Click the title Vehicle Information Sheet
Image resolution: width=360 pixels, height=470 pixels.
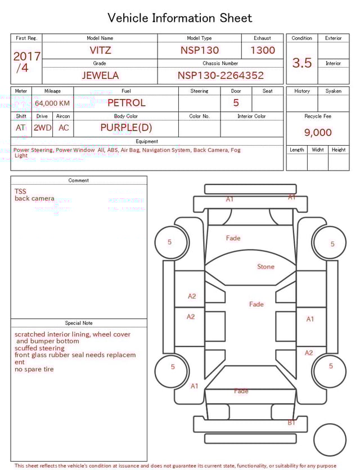click(180, 18)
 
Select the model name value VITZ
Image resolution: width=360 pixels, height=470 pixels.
click(100, 50)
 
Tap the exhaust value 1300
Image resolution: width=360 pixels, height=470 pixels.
click(263, 50)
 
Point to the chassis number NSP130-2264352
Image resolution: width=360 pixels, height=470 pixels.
click(220, 75)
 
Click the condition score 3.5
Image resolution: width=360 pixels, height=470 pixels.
click(302, 63)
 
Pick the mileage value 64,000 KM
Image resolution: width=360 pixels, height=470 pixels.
click(52, 103)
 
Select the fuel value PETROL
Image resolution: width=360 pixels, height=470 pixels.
click(126, 102)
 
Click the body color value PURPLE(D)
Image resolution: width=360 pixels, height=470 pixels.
click(126, 128)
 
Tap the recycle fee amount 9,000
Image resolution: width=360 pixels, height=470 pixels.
click(318, 133)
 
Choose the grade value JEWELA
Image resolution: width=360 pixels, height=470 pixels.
click(100, 75)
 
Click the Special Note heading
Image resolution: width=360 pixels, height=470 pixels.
click(79, 323)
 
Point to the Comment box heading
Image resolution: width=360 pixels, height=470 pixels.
click(79, 180)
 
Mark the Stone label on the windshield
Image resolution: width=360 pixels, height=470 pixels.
click(265, 266)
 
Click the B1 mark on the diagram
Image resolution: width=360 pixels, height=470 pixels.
click(291, 422)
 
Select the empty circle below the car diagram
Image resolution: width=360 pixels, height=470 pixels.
click(330, 440)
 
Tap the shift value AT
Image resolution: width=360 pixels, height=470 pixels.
click(21, 128)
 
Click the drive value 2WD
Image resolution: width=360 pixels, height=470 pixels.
click(42, 128)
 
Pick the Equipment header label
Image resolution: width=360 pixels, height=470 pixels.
click(147, 141)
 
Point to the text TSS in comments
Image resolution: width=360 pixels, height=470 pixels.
click(20, 191)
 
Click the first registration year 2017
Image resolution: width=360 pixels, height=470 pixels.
click(26, 56)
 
